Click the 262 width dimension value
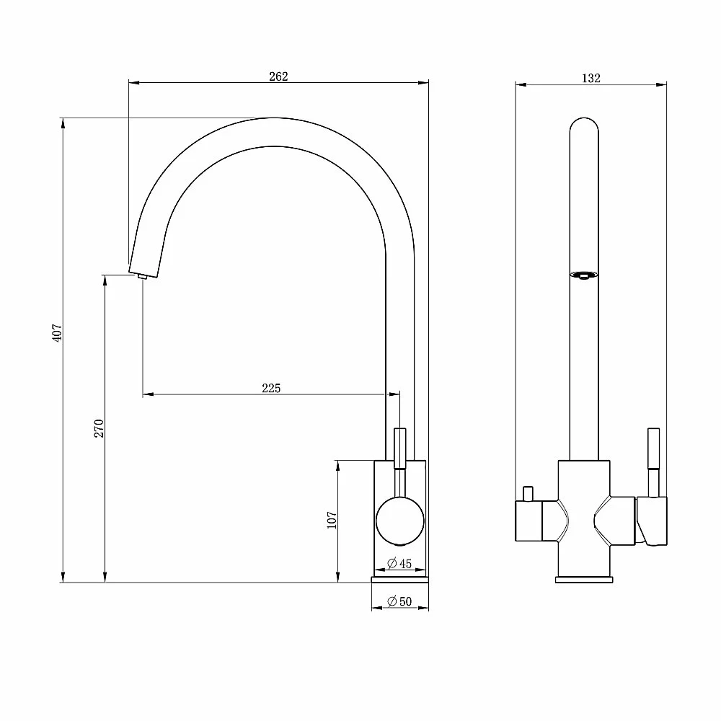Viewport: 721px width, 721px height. pos(278,76)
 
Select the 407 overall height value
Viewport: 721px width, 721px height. pos(57,332)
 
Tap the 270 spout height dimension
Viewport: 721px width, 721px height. pos(99,428)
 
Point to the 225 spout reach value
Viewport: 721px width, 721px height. pos(271,388)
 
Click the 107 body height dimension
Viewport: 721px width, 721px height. pos(332,520)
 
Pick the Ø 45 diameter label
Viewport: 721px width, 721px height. pos(399,563)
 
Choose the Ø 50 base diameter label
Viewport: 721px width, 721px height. pos(399,601)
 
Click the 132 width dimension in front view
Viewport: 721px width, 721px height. pos(591,78)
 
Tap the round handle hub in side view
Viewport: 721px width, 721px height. pos(400,521)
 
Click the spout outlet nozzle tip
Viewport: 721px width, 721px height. pos(141,276)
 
